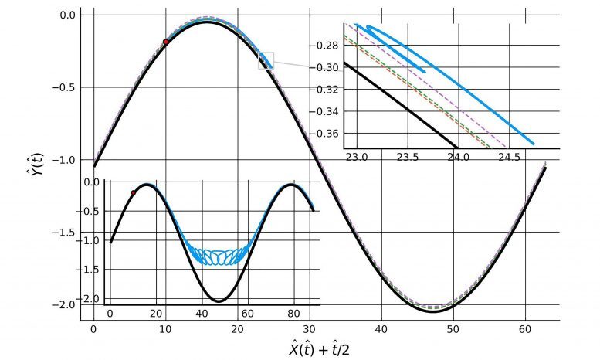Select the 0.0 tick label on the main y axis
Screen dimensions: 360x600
pos(68,15)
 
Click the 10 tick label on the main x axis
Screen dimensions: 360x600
pos(165,330)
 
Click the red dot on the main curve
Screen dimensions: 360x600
pos(166,42)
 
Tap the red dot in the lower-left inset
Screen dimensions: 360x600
pos(133,192)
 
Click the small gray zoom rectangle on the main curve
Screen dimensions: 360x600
pos(266,60)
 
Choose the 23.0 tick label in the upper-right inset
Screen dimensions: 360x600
pos(356,159)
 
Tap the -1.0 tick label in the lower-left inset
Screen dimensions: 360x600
pos(93,241)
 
